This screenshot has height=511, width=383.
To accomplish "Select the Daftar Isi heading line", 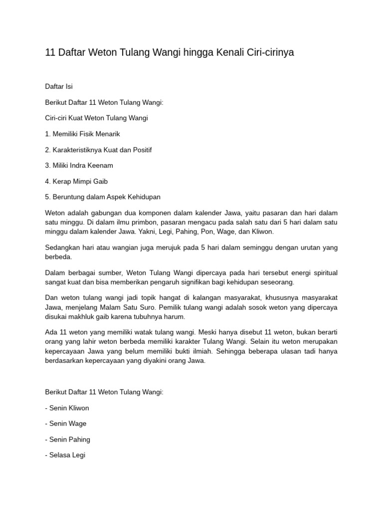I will click(x=59, y=86).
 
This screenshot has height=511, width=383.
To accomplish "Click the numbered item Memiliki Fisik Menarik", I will click(x=82, y=134).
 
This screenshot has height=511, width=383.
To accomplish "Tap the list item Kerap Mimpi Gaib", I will click(x=76, y=181).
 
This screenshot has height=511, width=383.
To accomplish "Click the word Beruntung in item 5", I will click(x=67, y=197).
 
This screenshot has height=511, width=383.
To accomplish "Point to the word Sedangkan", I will click(x=62, y=248).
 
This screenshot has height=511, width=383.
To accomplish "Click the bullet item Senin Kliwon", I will click(x=67, y=408).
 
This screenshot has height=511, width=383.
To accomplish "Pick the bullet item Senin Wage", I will click(x=65, y=423).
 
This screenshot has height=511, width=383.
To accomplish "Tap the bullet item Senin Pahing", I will click(x=67, y=439).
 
